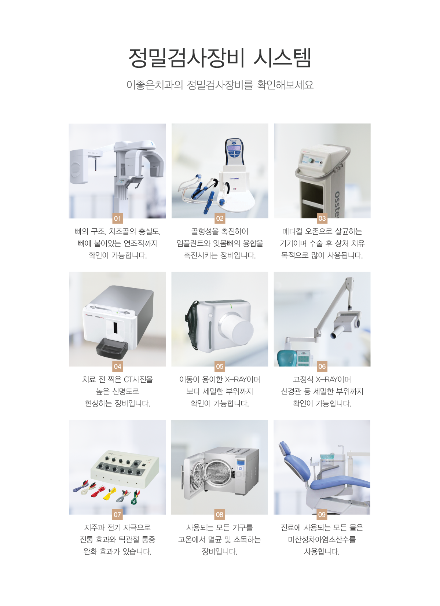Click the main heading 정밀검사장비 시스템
pos(220,58)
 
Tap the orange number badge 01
pos(117,218)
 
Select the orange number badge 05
pos(220,366)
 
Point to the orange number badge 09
pos(322,514)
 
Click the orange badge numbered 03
pos(322,218)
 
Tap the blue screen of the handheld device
pos(234,148)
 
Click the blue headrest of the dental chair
pos(285,449)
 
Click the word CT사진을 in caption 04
pos(138,379)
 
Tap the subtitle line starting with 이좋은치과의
pos(220,85)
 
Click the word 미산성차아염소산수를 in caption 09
pos(322,539)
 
